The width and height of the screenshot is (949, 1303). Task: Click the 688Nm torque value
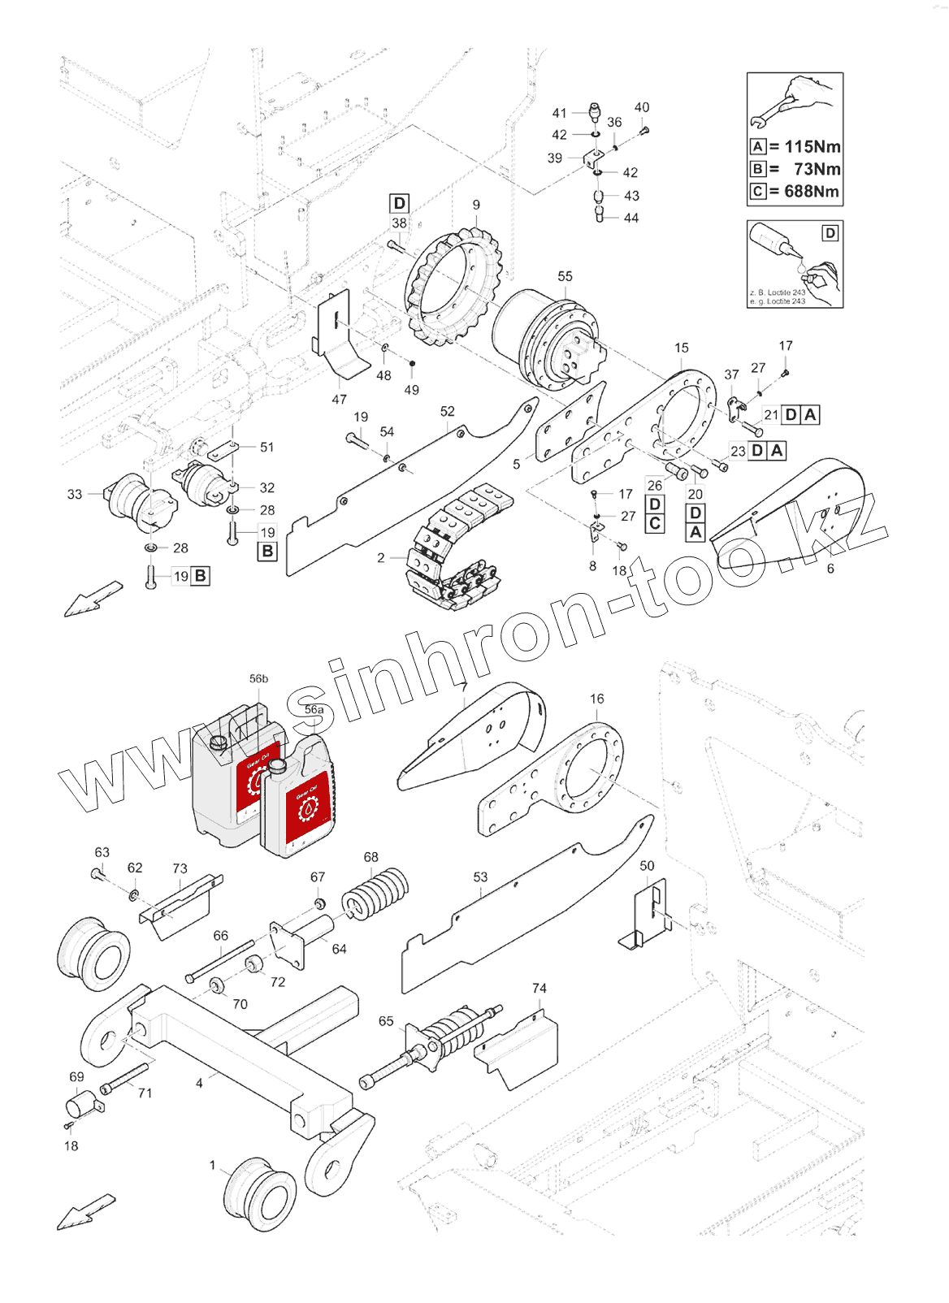pos(812,192)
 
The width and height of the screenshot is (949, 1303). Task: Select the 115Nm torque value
pos(812,147)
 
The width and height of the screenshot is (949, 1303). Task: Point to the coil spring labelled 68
pos(375,892)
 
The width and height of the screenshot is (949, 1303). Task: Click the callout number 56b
pos(258,678)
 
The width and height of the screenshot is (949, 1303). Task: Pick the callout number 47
pos(339,400)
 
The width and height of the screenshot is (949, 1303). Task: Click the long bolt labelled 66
pos(219,962)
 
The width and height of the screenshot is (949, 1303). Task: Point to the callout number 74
pos(539,988)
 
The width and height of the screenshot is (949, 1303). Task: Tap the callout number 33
pos(75,494)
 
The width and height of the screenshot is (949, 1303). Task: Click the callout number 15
pos(681,348)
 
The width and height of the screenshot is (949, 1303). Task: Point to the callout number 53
pos(480,877)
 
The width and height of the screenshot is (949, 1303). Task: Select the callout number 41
pos(559,113)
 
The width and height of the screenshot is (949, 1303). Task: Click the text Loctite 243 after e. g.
pos(786,301)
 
